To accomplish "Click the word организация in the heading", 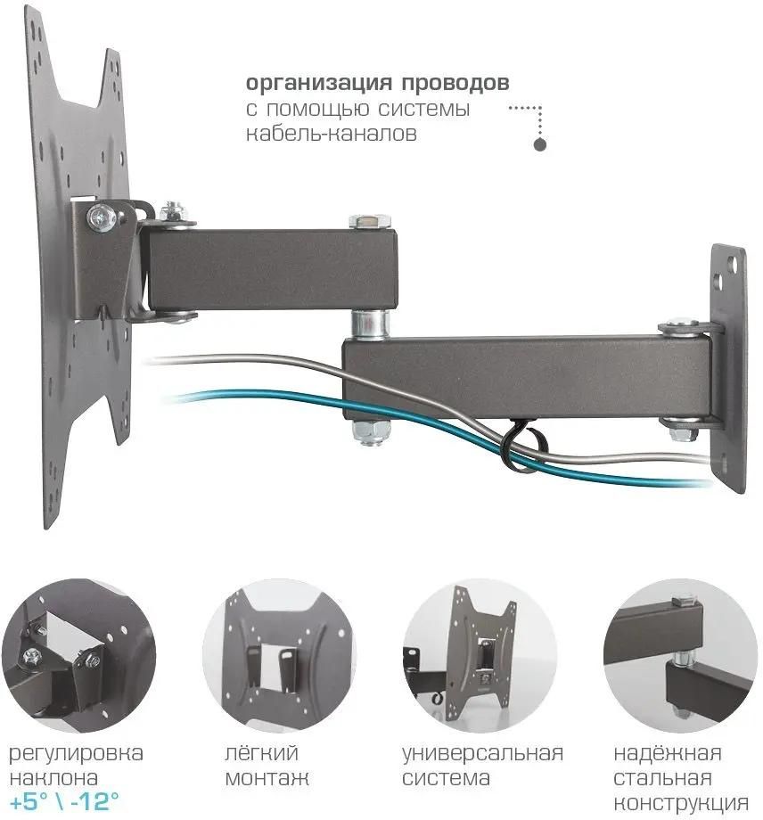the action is pos(318,84).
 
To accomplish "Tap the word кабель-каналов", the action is pos(331,134).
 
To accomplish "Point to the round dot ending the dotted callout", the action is pos(539,144).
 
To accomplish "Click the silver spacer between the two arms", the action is pos(369,324).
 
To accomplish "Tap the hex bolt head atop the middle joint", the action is pos(369,221).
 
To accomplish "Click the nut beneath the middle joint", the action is pos(370,430).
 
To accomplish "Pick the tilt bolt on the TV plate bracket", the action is pos(102,217).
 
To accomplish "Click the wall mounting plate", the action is pos(728,367).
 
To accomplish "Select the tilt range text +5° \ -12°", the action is pos(64,800).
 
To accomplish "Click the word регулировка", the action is pos(76,754).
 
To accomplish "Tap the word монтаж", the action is pos(267,778).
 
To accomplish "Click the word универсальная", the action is pos(482,754).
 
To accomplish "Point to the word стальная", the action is pos(662,778).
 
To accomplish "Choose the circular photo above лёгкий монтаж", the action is pos(280,655).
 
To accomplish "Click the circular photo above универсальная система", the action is pos(480,655).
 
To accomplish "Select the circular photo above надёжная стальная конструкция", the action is pos(680,655).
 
